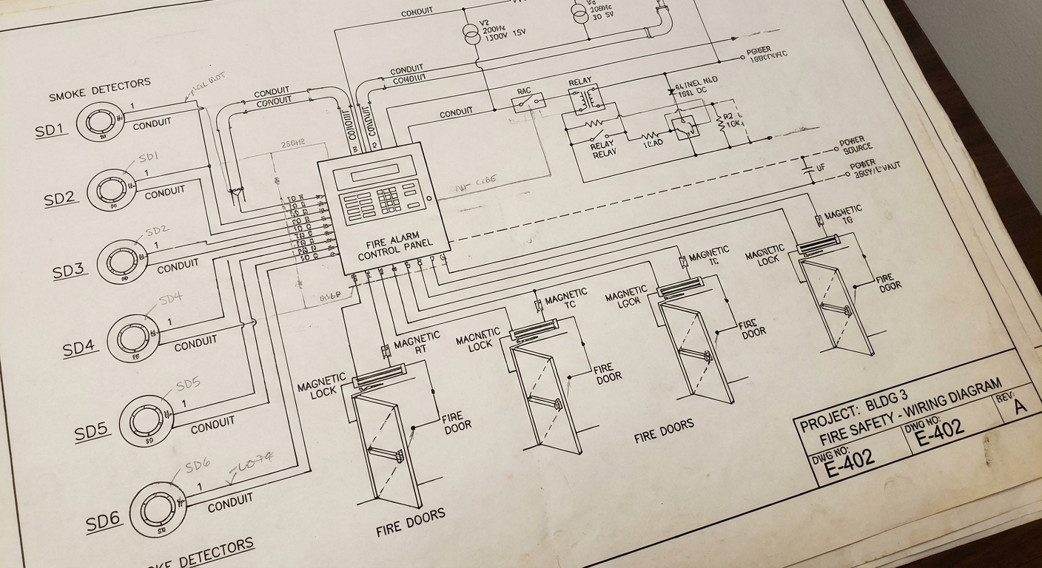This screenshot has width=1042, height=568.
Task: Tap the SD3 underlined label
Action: point(68,271)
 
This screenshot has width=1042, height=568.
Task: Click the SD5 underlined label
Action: point(91,432)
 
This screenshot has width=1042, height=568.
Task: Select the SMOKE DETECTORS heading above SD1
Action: point(99,91)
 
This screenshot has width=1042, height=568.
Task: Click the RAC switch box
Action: point(528,102)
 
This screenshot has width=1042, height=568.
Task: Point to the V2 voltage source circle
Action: point(471,32)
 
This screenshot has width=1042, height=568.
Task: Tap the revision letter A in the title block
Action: point(1020,405)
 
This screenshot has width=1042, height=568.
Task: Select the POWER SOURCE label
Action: point(856,145)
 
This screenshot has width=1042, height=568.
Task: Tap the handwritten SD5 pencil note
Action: point(188,385)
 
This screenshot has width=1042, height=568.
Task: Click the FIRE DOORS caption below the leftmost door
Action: point(410,521)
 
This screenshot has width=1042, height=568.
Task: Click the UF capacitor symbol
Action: point(808,169)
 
